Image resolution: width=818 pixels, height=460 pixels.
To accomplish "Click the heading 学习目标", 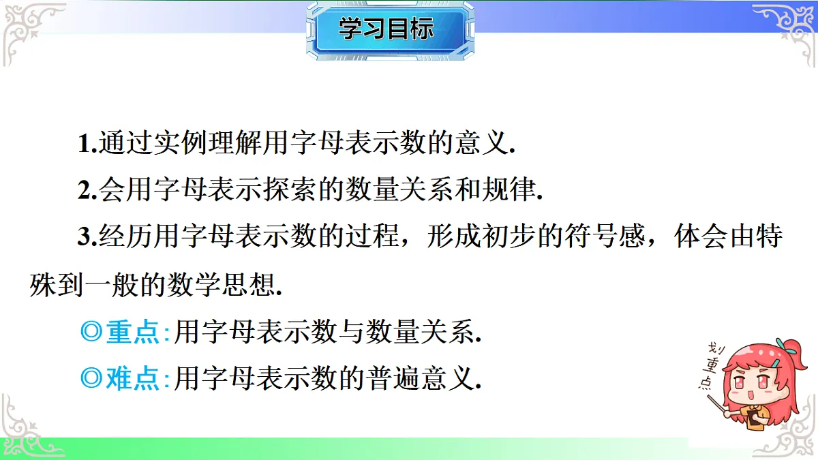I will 386,30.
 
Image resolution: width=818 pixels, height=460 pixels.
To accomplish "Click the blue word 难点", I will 133,378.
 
